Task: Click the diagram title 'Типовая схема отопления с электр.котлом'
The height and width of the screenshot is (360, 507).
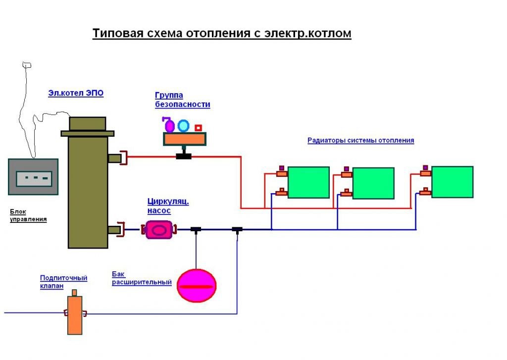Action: (222, 34)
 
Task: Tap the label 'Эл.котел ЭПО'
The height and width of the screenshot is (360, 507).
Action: (76, 93)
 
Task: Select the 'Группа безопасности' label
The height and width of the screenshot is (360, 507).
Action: (182, 100)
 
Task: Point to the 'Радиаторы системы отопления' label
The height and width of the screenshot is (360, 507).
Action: (360, 140)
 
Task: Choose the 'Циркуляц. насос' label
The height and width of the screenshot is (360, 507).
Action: (168, 206)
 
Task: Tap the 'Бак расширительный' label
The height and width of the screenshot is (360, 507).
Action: (142, 278)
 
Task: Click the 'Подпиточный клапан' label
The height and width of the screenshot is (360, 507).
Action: (63, 282)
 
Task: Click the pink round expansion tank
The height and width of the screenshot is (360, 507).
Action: (197, 286)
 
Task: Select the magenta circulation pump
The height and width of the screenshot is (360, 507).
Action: (159, 230)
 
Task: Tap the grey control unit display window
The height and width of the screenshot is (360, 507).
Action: (34, 178)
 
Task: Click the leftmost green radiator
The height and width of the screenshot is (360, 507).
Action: (308, 182)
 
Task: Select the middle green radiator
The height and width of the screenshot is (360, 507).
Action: (373, 183)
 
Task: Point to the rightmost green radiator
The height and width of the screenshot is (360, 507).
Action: (452, 182)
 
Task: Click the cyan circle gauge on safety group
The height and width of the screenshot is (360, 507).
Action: (183, 126)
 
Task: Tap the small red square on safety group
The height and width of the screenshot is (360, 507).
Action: (198, 128)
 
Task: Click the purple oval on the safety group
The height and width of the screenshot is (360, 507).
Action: (169, 126)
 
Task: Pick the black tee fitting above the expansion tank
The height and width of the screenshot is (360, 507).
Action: (196, 229)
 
